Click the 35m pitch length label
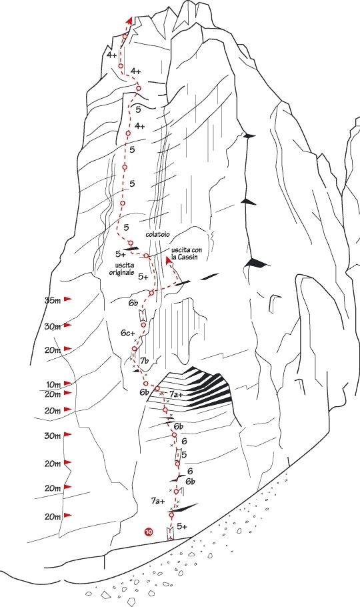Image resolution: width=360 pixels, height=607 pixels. pyautogui.click(x=53, y=300)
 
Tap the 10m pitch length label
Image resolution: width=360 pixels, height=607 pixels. pyautogui.click(x=53, y=385)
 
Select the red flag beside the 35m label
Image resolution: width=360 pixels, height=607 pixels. pyautogui.click(x=68, y=298)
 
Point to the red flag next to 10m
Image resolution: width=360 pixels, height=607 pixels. pyautogui.click(x=68, y=383)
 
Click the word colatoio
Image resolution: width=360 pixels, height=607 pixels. pyautogui.click(x=157, y=235)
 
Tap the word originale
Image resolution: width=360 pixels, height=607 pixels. pyautogui.click(x=121, y=273)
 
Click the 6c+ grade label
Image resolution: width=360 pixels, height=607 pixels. pyautogui.click(x=127, y=334)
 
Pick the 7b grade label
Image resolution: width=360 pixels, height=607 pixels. pyautogui.click(x=145, y=361)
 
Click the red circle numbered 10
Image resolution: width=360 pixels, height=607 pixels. pyautogui.click(x=148, y=532)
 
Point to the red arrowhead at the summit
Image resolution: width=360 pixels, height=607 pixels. pyautogui.click(x=129, y=21)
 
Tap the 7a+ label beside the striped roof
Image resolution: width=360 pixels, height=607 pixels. pyautogui.click(x=176, y=394)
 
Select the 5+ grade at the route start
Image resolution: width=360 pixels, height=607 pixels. pyautogui.click(x=182, y=526)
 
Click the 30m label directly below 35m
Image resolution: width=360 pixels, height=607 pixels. pyautogui.click(x=53, y=327)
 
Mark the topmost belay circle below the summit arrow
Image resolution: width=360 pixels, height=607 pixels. pyautogui.click(x=125, y=36)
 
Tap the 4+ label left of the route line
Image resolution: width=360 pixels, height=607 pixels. pyautogui.click(x=112, y=55)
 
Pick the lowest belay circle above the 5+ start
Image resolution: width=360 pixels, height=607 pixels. pyautogui.click(x=171, y=514)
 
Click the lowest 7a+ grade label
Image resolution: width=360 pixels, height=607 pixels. pyautogui.click(x=158, y=501)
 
